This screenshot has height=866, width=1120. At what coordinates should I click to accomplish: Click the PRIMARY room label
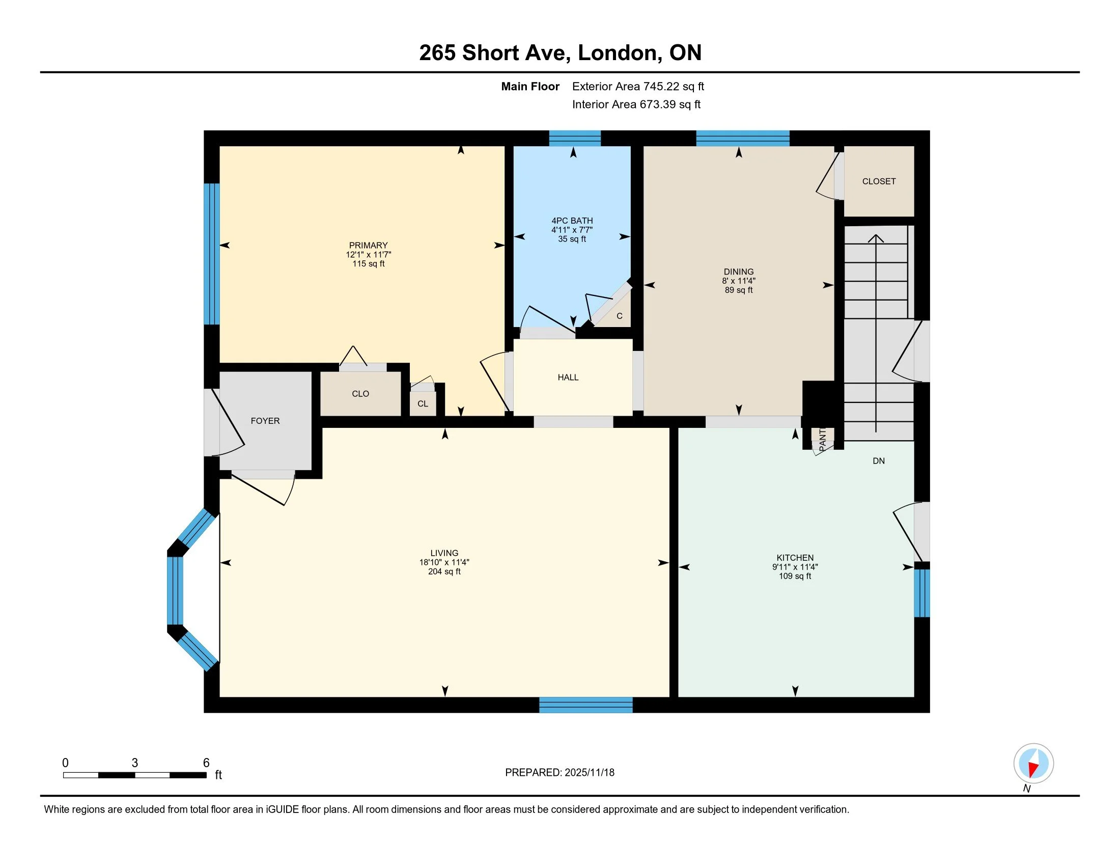pyautogui.click(x=368, y=245)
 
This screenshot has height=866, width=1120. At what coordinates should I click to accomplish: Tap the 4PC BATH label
pyautogui.click(x=572, y=221)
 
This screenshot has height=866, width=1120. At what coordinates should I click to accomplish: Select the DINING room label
pyautogui.click(x=739, y=272)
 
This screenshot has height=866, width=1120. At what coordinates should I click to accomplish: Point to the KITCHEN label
pyautogui.click(x=795, y=558)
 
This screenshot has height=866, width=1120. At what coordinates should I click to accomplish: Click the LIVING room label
pyautogui.click(x=444, y=553)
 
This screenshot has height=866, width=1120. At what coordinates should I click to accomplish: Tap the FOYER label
pyautogui.click(x=265, y=421)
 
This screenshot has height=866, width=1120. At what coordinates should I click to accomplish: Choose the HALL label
pyautogui.click(x=568, y=377)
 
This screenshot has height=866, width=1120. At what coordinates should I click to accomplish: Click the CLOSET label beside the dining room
pyautogui.click(x=879, y=181)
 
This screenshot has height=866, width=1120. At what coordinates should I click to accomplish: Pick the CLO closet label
pyautogui.click(x=360, y=393)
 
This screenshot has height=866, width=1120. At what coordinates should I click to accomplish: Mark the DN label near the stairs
pyautogui.click(x=879, y=461)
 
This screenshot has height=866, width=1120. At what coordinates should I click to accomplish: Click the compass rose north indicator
pyautogui.click(x=1033, y=763)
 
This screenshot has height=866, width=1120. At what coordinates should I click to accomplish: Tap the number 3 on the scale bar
pyautogui.click(x=135, y=763)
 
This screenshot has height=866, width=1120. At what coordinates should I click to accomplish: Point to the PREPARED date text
pyautogui.click(x=559, y=772)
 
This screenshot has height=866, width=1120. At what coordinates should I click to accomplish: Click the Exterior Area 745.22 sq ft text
pyautogui.click(x=638, y=86)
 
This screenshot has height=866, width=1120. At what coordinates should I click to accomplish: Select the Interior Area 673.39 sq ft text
pyautogui.click(x=636, y=104)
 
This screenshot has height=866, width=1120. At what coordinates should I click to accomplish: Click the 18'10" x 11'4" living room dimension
pyautogui.click(x=444, y=562)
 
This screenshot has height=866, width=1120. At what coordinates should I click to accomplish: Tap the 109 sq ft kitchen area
pyautogui.click(x=795, y=576)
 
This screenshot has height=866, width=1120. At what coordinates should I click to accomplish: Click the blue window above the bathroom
pyautogui.click(x=575, y=139)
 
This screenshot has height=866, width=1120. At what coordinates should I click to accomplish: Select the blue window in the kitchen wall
pyautogui.click(x=921, y=593)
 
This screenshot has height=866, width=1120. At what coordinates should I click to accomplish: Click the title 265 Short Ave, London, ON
pyautogui.click(x=560, y=52)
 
